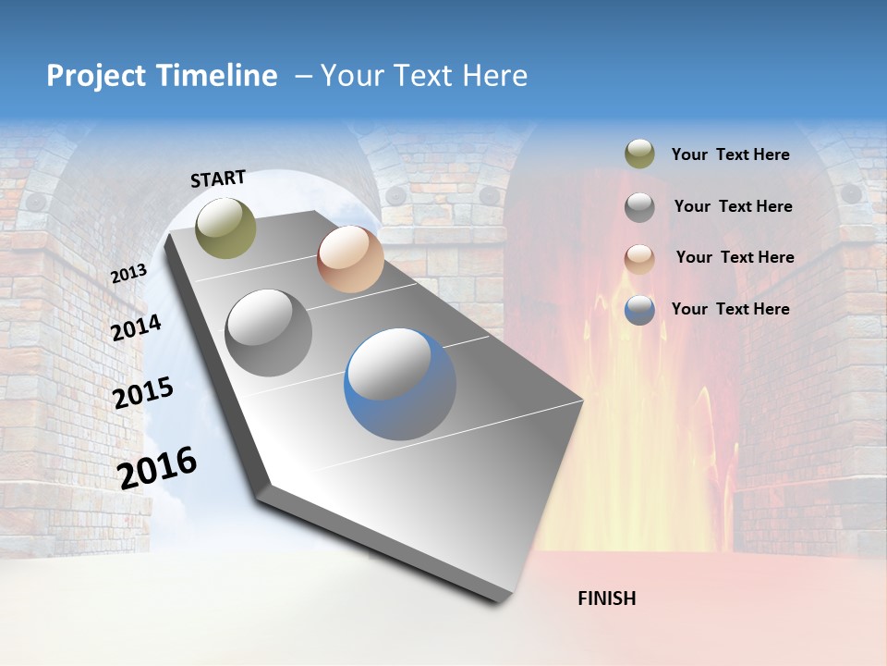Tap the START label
pyautogui.click(x=218, y=179)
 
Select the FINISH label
pyautogui.click(x=607, y=598)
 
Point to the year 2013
pyautogui.click(x=128, y=274)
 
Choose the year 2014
pyautogui.click(x=137, y=328)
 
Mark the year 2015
pyautogui.click(x=143, y=393)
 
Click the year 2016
pyautogui.click(x=157, y=468)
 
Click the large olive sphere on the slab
pyautogui.click(x=226, y=228)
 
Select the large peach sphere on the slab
pyautogui.click(x=350, y=259)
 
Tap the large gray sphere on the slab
pyautogui.click(x=269, y=333)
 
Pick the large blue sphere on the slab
pyautogui.click(x=400, y=384)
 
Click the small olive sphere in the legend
pyautogui.click(x=639, y=154)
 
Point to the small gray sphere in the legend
pyautogui.click(x=639, y=207)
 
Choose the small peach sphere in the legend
pyautogui.click(x=639, y=258)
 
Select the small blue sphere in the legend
pyautogui.click(x=639, y=310)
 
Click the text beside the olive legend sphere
pyautogui.click(x=730, y=154)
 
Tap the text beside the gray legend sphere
pyautogui.click(x=733, y=206)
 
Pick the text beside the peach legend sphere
pyautogui.click(x=735, y=257)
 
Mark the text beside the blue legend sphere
pyautogui.click(x=730, y=309)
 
